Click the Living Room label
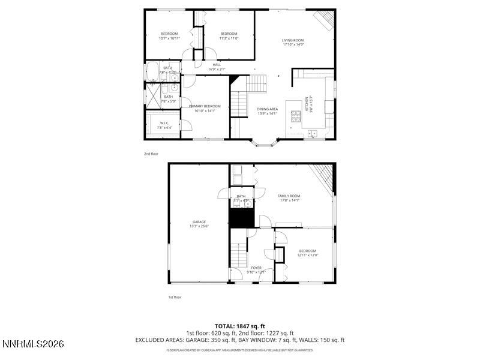click(x=293, y=41)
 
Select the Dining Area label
click(x=267, y=109)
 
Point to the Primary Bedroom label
click(x=205, y=106)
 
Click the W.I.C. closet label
click(x=164, y=124)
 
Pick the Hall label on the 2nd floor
click(x=217, y=65)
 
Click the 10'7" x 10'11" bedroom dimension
click(x=169, y=38)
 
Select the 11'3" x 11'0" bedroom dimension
click(x=229, y=38)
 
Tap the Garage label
click(x=199, y=222)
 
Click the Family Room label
click(x=289, y=196)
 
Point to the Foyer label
click(x=256, y=268)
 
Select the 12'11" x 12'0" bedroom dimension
click(x=307, y=255)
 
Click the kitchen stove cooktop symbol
click(x=295, y=116)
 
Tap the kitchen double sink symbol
click(x=313, y=133)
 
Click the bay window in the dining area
click(x=264, y=143)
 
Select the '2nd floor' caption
click(x=151, y=154)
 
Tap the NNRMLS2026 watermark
click(x=32, y=344)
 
